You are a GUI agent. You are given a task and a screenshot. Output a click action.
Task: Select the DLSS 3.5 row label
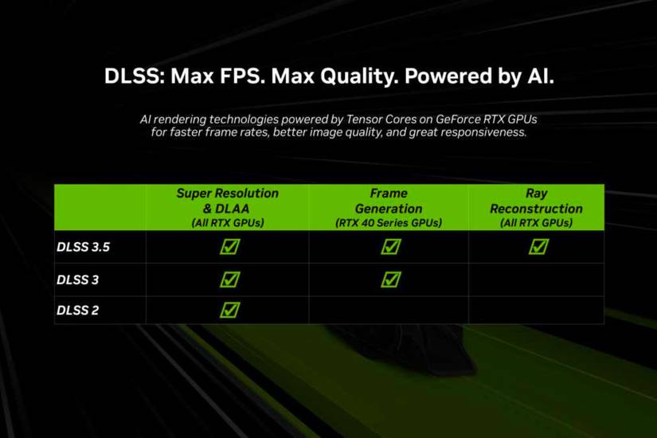click(83, 247)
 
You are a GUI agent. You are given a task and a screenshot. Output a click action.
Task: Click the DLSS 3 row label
click(77, 280)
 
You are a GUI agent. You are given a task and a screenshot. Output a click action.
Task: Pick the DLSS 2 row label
click(77, 310)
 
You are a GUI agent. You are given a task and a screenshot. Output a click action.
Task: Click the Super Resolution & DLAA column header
click(228, 207)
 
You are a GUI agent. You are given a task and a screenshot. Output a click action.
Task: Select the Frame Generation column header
click(389, 207)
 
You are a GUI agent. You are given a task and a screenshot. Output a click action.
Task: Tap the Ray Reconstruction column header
click(536, 207)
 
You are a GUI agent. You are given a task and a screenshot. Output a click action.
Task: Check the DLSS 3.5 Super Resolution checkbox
click(229, 247)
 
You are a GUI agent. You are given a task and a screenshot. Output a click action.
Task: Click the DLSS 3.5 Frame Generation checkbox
click(390, 247)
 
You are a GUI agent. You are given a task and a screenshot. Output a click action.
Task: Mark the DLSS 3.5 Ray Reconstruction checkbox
click(538, 247)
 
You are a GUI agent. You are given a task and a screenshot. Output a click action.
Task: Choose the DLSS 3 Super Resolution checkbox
click(229, 280)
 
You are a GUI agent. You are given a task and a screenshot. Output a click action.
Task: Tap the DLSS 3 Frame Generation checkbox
click(390, 280)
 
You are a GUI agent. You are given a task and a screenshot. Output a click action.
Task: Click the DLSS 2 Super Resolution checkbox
click(229, 310)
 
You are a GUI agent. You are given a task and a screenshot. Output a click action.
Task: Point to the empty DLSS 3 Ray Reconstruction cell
click(536, 280)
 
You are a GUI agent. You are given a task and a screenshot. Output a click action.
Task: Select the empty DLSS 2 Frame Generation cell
click(389, 310)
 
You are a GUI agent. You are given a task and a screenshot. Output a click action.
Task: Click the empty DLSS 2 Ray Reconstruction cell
click(536, 310)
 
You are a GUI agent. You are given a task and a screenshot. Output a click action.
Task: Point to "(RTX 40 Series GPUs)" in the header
click(389, 224)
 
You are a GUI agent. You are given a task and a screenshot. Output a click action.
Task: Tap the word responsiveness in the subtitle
click(481, 132)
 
